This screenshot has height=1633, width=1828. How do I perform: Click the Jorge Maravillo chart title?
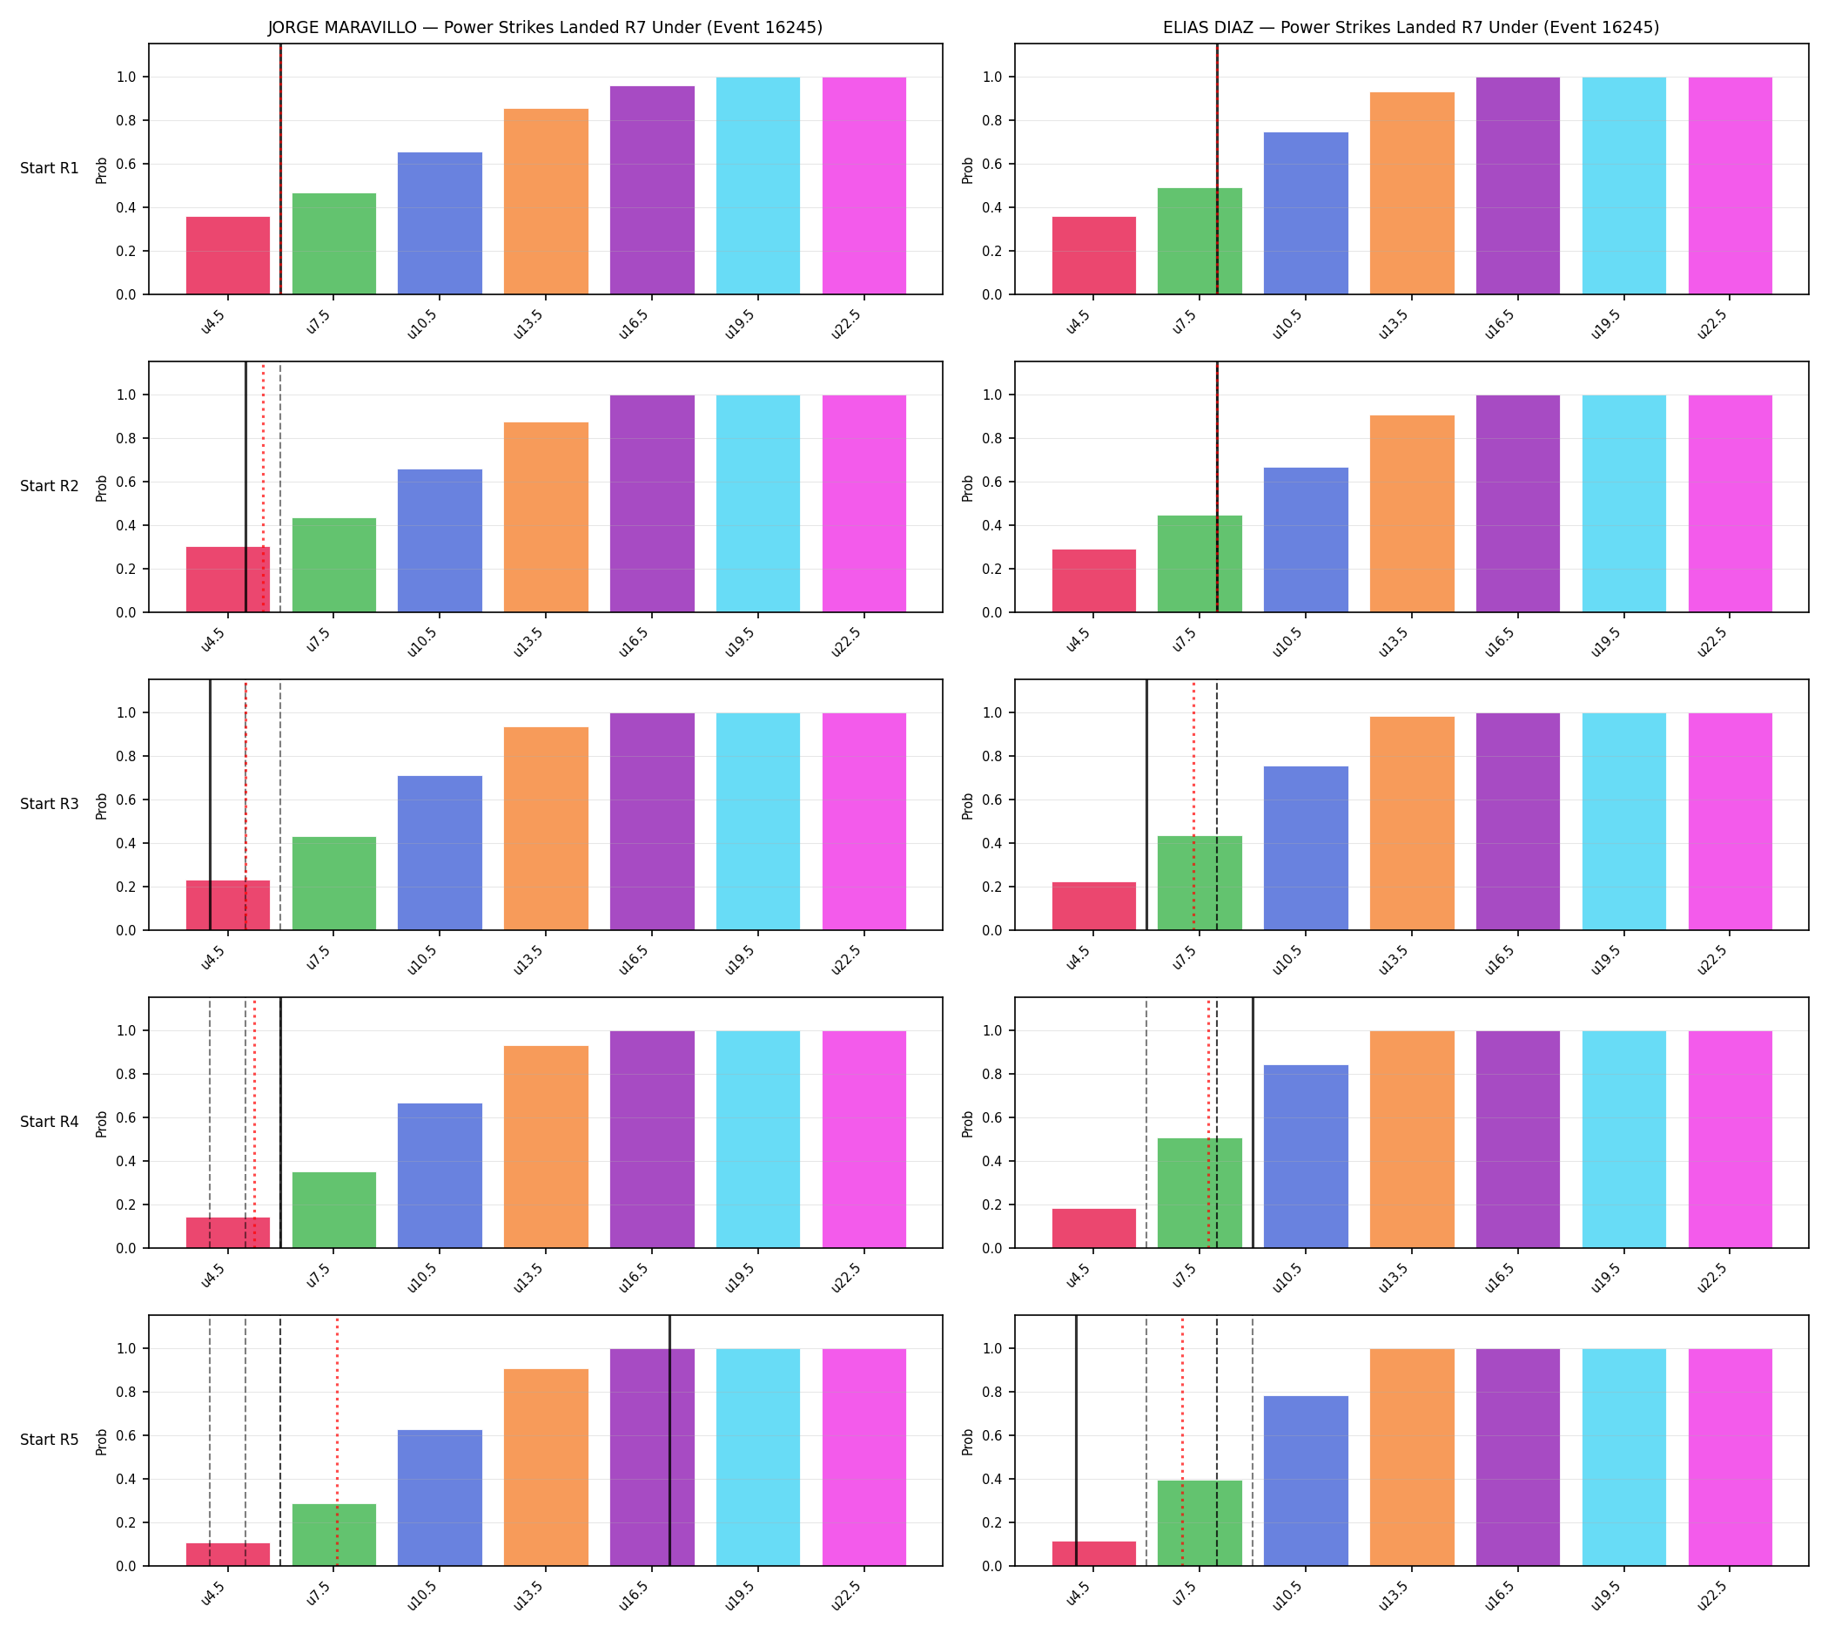point(544,28)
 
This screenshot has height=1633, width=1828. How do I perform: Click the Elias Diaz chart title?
point(1410,28)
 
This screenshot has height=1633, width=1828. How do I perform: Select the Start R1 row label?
point(50,169)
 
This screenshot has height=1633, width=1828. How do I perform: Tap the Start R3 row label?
point(50,804)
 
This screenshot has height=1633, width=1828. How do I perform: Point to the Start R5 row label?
point(50,1439)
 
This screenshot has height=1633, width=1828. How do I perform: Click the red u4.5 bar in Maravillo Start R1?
point(228,256)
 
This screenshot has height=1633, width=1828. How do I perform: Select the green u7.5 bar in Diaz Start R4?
point(1200,1192)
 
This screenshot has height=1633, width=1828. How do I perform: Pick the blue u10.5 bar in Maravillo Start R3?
point(440,854)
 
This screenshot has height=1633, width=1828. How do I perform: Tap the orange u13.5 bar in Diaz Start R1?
point(1412,192)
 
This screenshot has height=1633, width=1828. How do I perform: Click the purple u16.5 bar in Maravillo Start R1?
point(652,190)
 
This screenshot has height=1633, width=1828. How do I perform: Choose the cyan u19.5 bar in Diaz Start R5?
point(1623,1457)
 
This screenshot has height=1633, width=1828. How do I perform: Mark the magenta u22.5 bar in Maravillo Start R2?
point(864,503)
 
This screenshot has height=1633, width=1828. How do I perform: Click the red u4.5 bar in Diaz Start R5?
point(1093,1553)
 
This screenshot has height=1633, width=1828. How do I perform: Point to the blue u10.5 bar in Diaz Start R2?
point(1306,540)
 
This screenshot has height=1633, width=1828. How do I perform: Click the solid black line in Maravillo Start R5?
point(669,1441)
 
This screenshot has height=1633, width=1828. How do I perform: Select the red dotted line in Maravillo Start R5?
point(337,1441)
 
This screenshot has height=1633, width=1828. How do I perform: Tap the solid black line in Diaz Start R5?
point(1077,1441)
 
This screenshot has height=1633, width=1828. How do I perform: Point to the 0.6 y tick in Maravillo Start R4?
point(126,1118)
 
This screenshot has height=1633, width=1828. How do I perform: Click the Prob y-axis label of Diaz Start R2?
point(968,488)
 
